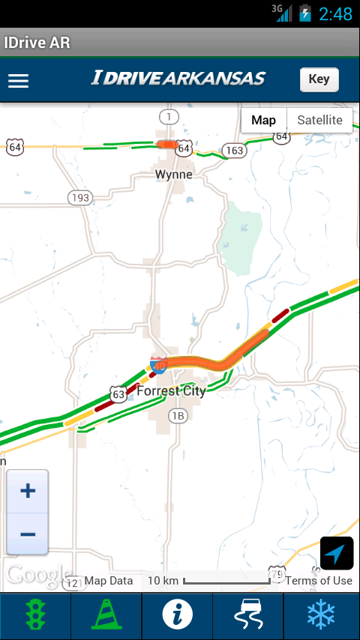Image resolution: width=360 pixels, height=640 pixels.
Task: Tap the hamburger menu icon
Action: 18,81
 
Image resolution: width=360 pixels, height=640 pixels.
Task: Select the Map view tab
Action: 263,120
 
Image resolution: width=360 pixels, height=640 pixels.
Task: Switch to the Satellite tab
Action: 319,120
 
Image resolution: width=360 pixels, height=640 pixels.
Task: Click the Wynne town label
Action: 173,175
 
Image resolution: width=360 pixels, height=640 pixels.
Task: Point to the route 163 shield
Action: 235,151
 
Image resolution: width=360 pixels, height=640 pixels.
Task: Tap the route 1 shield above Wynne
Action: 169,116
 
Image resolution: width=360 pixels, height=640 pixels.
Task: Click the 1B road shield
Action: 177,417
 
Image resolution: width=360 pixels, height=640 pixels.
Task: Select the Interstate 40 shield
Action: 158,365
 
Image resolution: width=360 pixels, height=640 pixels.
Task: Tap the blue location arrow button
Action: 337,554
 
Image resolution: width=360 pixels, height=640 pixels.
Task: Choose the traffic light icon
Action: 35,616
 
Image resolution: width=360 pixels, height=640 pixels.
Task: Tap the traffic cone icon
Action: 106,616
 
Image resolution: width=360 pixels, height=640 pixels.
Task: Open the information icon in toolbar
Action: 178,616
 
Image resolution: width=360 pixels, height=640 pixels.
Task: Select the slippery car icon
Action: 248,616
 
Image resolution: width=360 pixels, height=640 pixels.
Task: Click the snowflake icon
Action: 321,616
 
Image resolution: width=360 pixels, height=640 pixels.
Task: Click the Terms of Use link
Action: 319,581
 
